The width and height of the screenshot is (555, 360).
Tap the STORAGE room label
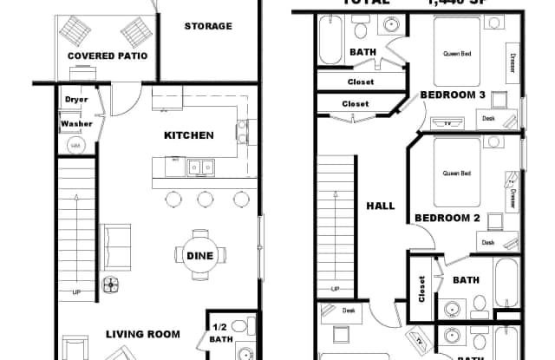(x=208, y=26)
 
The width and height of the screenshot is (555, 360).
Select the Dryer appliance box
(x=76, y=99)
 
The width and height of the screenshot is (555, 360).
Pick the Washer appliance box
(x=76, y=124)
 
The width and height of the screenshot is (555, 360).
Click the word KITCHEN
(x=188, y=135)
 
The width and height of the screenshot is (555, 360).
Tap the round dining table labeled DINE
(x=199, y=255)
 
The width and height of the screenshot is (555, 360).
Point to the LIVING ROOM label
(x=143, y=334)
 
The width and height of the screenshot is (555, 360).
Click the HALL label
(x=381, y=206)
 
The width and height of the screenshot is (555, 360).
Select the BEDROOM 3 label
(x=452, y=95)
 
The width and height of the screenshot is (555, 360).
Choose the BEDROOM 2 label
(x=447, y=218)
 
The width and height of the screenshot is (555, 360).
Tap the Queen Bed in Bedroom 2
(x=456, y=173)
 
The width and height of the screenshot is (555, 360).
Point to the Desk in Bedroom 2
(x=487, y=243)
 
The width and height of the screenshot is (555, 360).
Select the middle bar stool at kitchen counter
(x=206, y=199)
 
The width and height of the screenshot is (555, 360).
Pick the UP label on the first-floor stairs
(x=76, y=291)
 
